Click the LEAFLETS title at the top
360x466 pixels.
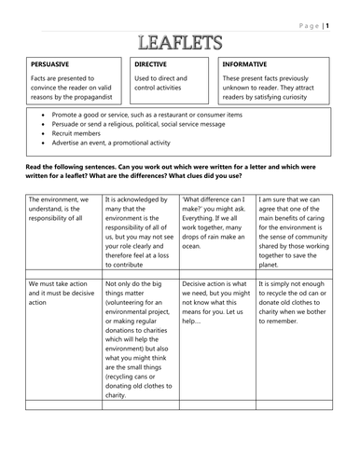178,41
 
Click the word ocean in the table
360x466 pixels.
193,248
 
